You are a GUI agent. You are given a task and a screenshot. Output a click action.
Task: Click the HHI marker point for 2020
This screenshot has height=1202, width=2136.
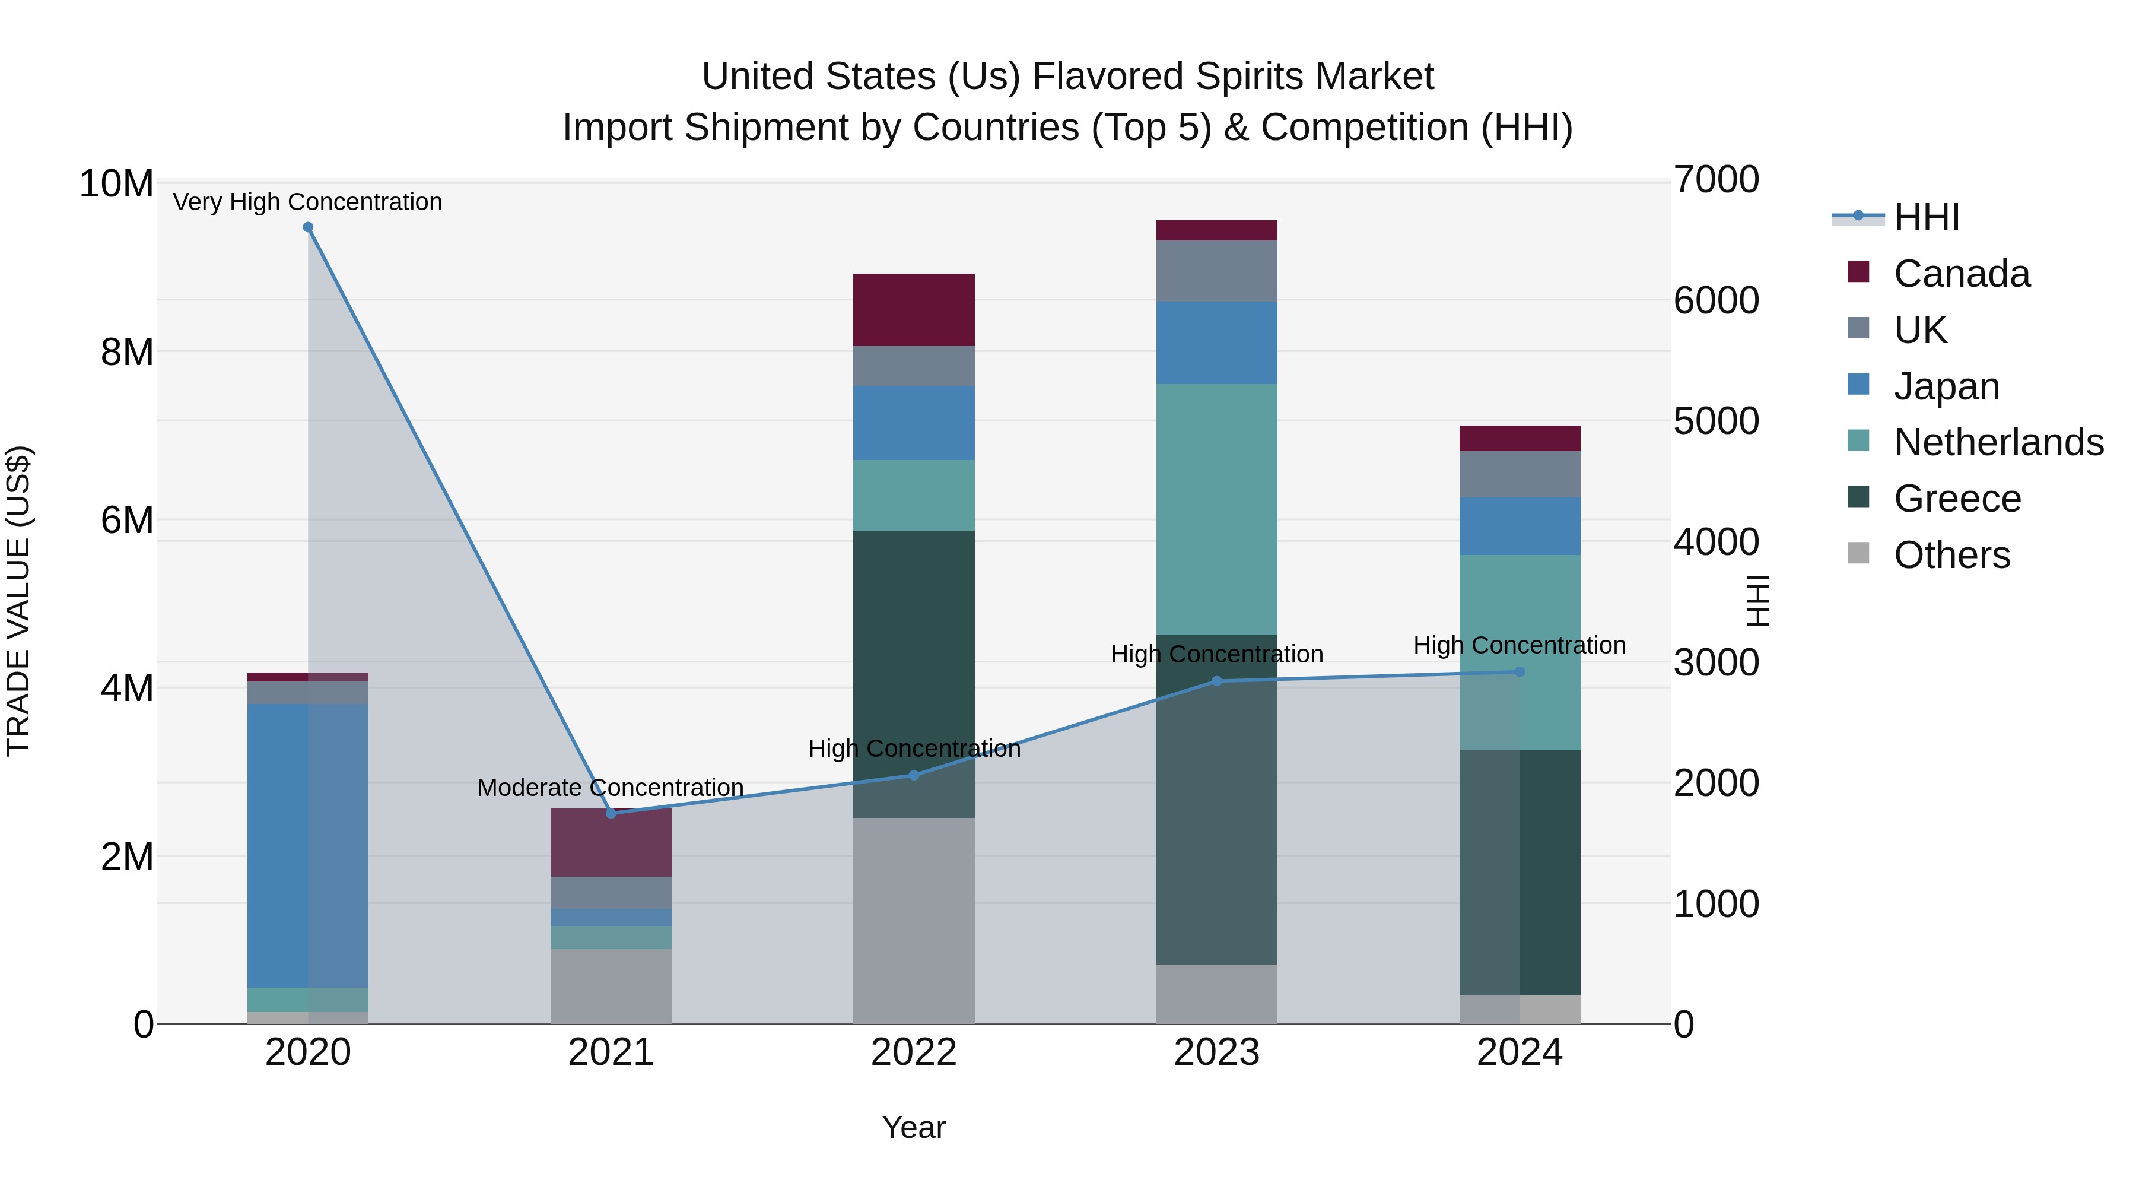click(307, 227)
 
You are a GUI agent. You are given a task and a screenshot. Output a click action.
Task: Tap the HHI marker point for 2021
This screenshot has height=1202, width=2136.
click(611, 813)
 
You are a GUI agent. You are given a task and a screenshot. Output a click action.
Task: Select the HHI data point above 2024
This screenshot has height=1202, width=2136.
click(1520, 672)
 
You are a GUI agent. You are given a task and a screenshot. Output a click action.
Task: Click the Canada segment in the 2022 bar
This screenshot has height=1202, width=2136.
click(914, 309)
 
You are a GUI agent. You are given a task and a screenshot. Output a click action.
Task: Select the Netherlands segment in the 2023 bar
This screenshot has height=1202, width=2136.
click(1216, 509)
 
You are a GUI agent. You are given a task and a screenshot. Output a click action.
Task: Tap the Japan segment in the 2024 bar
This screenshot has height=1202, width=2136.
click(1520, 526)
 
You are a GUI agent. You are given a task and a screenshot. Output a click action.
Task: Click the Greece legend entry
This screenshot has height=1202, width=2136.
click(1957, 499)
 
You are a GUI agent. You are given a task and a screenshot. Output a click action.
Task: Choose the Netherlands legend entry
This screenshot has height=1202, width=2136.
click(1998, 442)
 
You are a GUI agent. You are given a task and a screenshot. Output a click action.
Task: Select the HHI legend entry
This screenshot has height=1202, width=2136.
click(1926, 217)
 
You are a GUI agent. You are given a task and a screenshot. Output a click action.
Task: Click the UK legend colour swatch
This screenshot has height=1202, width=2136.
click(1858, 328)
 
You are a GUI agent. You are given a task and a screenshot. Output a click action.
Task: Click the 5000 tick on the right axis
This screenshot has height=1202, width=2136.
click(1715, 421)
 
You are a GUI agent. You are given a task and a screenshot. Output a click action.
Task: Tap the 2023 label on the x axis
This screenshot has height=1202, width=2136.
click(1216, 1052)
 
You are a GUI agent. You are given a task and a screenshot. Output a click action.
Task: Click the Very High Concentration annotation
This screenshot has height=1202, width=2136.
click(307, 202)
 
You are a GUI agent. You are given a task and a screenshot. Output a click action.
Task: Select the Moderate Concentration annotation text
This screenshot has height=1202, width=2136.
click(611, 787)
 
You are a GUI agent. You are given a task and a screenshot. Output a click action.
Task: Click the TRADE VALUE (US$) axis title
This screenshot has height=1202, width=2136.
click(18, 601)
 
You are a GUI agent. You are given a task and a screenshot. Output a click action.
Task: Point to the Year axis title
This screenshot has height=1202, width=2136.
click(914, 1127)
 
